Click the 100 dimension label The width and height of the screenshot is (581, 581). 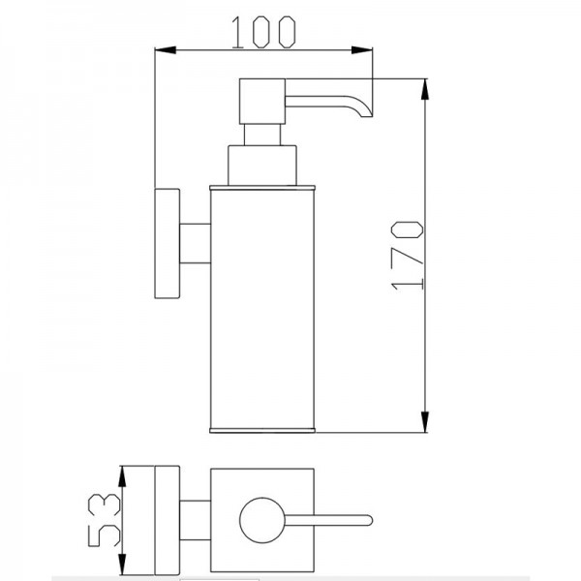pyautogui.click(x=263, y=32)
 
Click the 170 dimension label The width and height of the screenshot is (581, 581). pyautogui.click(x=407, y=256)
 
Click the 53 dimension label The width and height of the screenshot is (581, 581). pyautogui.click(x=105, y=521)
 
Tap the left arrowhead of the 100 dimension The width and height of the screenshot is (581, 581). pyautogui.click(x=166, y=50)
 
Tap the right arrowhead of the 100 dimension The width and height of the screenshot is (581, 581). pyautogui.click(x=362, y=50)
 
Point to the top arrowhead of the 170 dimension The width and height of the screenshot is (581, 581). pyautogui.click(x=425, y=89)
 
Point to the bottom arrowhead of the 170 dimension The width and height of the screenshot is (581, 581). pyautogui.click(x=425, y=421)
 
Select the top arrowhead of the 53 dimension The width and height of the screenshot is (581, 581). pyautogui.click(x=122, y=476)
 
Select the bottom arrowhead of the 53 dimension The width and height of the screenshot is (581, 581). pyautogui.click(x=122, y=565)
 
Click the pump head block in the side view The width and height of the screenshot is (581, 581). pyautogui.click(x=262, y=101)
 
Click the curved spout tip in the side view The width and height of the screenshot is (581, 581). pyautogui.click(x=366, y=111)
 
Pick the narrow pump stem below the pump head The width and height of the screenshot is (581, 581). pyautogui.click(x=262, y=135)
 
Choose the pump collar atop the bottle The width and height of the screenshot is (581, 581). pyautogui.click(x=262, y=166)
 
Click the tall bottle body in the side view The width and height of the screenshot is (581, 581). pyautogui.click(x=262, y=309)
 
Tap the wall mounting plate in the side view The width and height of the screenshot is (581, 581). pyautogui.click(x=168, y=243)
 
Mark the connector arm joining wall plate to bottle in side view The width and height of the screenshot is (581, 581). pyautogui.click(x=196, y=243)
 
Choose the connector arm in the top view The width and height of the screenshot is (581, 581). pyautogui.click(x=196, y=520)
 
